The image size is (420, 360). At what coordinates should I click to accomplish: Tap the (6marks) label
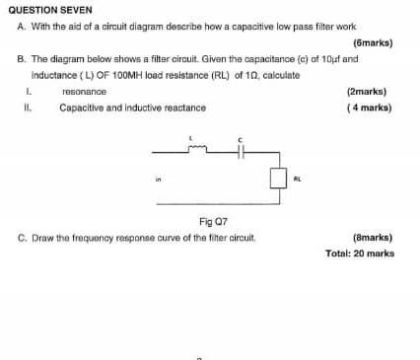click(x=371, y=44)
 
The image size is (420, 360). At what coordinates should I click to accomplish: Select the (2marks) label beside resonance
click(x=368, y=91)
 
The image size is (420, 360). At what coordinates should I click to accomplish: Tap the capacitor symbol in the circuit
click(x=242, y=153)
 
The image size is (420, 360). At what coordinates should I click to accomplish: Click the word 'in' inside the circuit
click(x=157, y=180)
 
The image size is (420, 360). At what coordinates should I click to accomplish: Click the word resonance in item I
click(x=84, y=91)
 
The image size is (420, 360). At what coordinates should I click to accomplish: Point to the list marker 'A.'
click(x=23, y=27)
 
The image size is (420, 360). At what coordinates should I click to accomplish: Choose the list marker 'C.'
click(x=23, y=239)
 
